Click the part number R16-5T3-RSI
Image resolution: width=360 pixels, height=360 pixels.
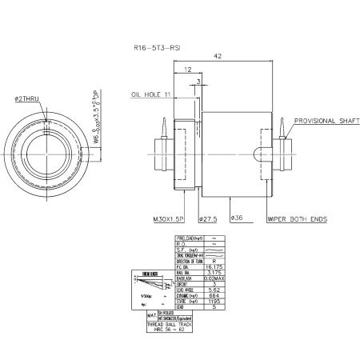(x=157, y=48)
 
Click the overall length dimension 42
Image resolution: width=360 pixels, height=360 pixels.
(x=218, y=57)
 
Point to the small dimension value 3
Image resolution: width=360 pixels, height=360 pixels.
(x=198, y=82)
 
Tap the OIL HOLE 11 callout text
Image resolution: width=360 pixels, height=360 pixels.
(x=152, y=94)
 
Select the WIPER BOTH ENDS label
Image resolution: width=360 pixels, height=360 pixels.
(x=296, y=217)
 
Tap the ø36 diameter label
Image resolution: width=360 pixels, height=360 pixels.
(x=237, y=217)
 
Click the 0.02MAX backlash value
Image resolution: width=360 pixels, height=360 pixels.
(x=215, y=278)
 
